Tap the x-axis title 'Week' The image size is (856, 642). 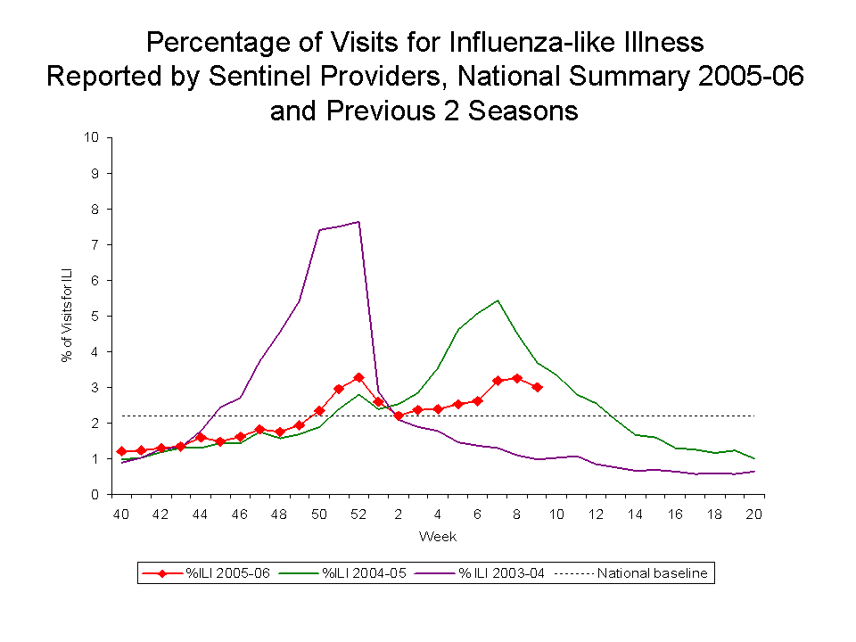pos(437,536)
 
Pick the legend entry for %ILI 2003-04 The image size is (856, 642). pos(499,573)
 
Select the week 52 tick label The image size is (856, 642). pos(358,514)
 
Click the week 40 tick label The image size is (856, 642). pos(120,514)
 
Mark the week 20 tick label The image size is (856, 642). pos(753,514)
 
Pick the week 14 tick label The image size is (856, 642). pos(635,514)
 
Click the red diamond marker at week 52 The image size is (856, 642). pos(358,378)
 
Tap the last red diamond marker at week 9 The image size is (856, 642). pos(537,387)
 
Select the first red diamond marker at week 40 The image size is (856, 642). pos(121,451)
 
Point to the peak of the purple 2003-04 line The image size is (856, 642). pos(358,221)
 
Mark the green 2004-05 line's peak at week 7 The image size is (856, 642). pos(497,300)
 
